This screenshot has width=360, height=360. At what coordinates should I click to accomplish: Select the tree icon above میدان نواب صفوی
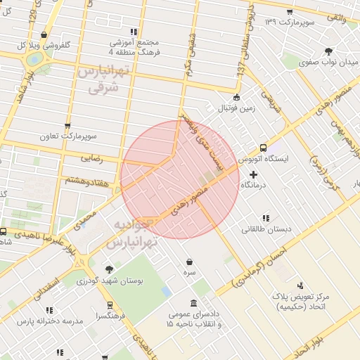tap(329, 51)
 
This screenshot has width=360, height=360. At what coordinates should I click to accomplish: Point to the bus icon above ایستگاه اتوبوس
tap(263, 148)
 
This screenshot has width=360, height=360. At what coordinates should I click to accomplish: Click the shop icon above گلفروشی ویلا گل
tap(44, 34)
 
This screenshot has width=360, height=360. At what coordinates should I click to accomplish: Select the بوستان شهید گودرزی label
tap(112, 281)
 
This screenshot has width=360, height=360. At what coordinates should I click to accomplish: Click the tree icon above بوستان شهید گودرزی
tap(108, 269)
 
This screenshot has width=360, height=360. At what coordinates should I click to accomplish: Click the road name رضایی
tap(93, 159)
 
